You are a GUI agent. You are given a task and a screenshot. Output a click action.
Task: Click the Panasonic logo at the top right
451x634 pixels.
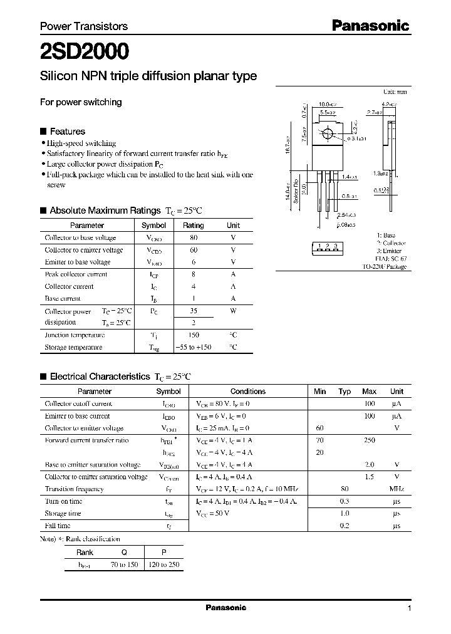tap(370, 26)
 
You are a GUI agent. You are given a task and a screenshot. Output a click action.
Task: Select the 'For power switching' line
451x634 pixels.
tap(81, 102)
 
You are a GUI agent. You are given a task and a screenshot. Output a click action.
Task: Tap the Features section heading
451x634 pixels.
tap(67, 132)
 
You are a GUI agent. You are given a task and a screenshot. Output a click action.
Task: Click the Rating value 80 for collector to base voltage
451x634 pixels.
tap(193, 238)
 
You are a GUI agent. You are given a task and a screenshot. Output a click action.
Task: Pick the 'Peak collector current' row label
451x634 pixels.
tap(76, 274)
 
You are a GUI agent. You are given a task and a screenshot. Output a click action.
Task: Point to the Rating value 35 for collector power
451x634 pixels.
tap(193, 311)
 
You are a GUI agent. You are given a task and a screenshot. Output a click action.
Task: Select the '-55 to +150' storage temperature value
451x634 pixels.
tap(193, 347)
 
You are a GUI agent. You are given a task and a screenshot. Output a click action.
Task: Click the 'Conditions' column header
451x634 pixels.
tap(248, 392)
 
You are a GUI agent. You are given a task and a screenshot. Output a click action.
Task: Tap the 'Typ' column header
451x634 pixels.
tap(345, 392)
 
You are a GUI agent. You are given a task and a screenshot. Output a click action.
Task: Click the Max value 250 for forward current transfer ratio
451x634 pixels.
tap(369, 440)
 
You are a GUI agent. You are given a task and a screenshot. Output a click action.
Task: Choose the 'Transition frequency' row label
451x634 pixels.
tap(74, 489)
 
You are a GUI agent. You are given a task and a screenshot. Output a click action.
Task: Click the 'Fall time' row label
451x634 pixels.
tap(58, 526)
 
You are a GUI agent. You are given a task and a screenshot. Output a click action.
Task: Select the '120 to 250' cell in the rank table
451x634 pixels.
tap(163, 564)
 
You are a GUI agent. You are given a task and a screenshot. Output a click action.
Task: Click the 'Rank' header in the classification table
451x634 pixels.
tap(85, 553)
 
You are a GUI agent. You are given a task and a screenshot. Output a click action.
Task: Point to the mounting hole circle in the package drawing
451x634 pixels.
tap(328, 134)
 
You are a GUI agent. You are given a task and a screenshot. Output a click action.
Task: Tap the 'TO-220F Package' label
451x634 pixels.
tap(384, 266)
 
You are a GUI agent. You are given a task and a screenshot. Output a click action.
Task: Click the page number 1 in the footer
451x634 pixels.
tap(409, 608)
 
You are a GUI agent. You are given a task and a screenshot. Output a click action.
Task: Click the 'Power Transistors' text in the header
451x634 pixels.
tap(84, 26)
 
